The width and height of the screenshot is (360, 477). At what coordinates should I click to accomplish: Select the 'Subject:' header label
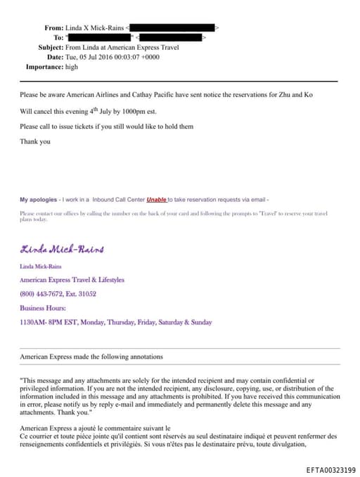(51, 47)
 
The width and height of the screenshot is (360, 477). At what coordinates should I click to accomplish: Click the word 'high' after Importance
(72, 67)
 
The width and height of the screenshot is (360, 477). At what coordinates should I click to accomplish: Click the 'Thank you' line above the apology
(35, 141)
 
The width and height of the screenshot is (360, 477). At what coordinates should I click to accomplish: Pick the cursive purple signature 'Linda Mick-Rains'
(63, 249)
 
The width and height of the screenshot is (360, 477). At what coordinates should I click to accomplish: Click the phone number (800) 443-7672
(45, 294)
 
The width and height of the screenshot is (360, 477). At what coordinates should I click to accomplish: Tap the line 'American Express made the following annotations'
(91, 357)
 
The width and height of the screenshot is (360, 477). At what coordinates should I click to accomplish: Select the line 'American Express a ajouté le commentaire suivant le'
(96, 428)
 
